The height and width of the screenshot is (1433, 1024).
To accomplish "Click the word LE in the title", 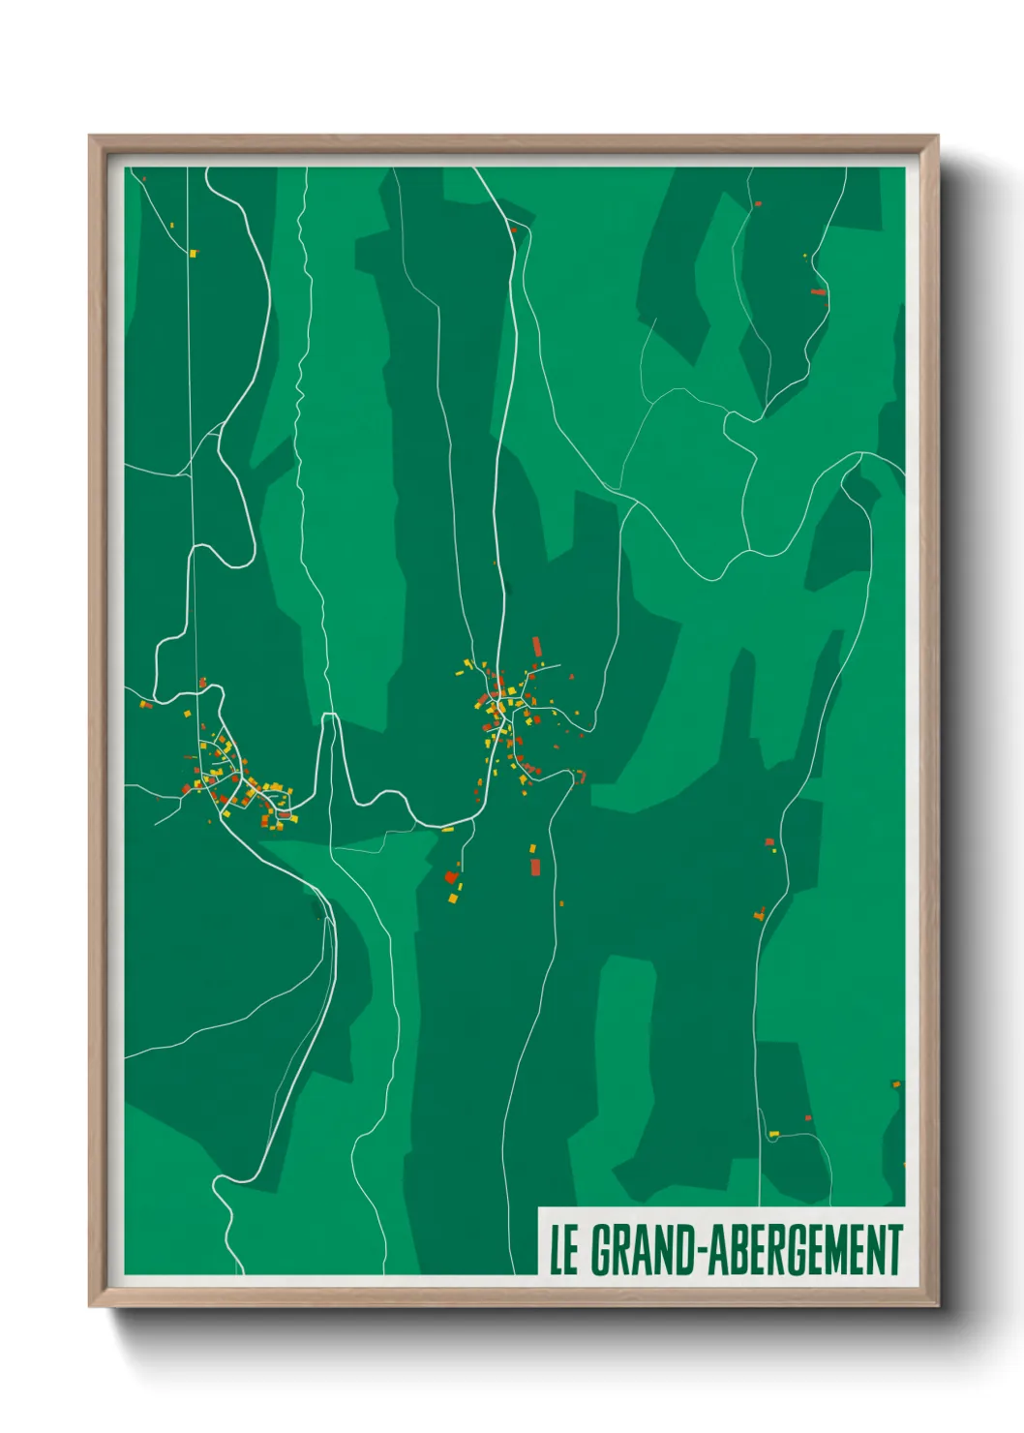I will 564,1250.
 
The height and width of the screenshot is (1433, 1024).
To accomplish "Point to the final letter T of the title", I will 894,1250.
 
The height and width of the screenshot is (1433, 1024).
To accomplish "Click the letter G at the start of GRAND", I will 601,1250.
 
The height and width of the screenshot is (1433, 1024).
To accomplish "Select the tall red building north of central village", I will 536,647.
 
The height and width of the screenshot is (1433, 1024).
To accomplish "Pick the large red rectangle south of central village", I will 534,866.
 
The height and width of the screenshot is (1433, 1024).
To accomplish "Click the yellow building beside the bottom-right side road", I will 773,1134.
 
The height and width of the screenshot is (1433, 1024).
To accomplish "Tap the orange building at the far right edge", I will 895,1084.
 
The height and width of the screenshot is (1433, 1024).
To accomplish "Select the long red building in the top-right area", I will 818,291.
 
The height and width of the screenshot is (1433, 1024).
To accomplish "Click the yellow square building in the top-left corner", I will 193,254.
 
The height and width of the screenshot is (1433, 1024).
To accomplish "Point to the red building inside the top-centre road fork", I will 513,229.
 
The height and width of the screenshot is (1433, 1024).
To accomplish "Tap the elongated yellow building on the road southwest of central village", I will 448,829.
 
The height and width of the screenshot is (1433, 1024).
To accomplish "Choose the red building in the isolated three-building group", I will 451,877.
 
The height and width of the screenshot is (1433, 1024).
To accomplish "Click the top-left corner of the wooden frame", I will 90,137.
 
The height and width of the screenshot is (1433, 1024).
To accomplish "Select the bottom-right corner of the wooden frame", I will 937,1305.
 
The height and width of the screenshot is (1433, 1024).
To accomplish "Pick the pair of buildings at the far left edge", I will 145,704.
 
